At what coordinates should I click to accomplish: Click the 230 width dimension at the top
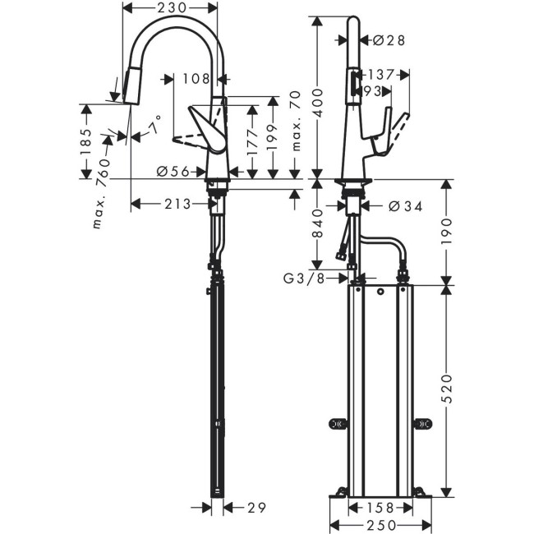click(171, 7)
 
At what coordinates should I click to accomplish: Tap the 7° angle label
click(154, 127)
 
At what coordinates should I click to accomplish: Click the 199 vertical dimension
click(274, 135)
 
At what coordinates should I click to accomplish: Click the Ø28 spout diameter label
click(389, 39)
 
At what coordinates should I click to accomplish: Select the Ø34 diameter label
click(403, 205)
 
